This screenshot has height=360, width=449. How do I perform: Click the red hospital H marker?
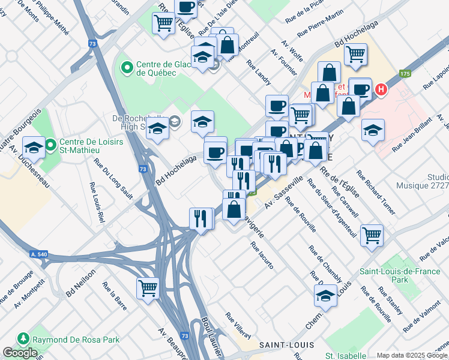tap(380, 91)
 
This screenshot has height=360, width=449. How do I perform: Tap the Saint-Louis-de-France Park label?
tap(391, 275)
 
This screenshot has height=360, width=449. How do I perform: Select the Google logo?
tap(20, 353)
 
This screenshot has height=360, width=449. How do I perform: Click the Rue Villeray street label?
tap(238, 325)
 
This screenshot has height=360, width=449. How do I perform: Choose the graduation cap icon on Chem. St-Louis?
tap(325, 295)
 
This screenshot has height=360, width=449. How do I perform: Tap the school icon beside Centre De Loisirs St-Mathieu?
tap(33, 148)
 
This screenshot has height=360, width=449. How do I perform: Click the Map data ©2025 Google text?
tap(412, 355)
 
